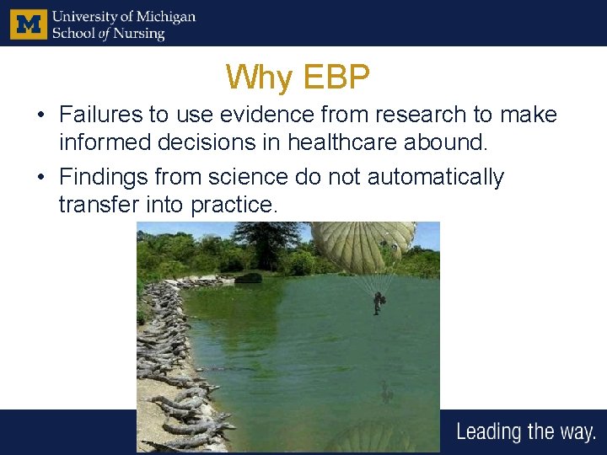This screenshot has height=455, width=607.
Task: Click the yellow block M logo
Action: (29, 24)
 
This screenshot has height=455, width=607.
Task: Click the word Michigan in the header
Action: (164, 17)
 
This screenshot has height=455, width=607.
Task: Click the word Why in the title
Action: (258, 78)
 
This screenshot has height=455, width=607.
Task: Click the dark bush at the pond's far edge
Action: (248, 277)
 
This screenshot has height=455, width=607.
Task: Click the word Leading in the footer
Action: (489, 432)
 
